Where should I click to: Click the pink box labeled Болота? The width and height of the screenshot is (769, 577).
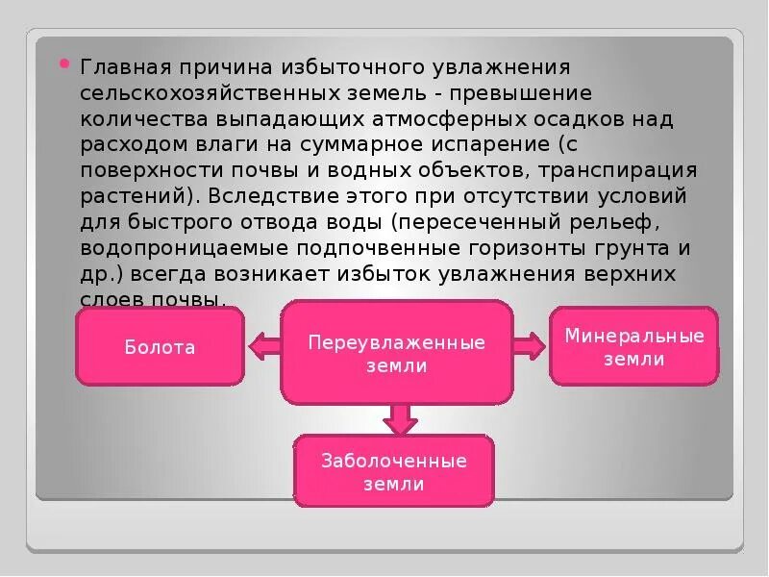(160, 347)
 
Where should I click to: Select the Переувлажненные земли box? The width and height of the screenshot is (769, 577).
(396, 353)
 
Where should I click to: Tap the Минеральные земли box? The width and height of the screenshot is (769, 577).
(633, 346)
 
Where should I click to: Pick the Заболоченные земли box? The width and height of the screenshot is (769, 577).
(393, 471)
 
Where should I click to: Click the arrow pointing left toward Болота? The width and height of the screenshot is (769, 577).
(262, 344)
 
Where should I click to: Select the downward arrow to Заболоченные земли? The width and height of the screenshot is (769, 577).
(398, 418)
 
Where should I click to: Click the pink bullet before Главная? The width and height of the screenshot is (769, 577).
(64, 64)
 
